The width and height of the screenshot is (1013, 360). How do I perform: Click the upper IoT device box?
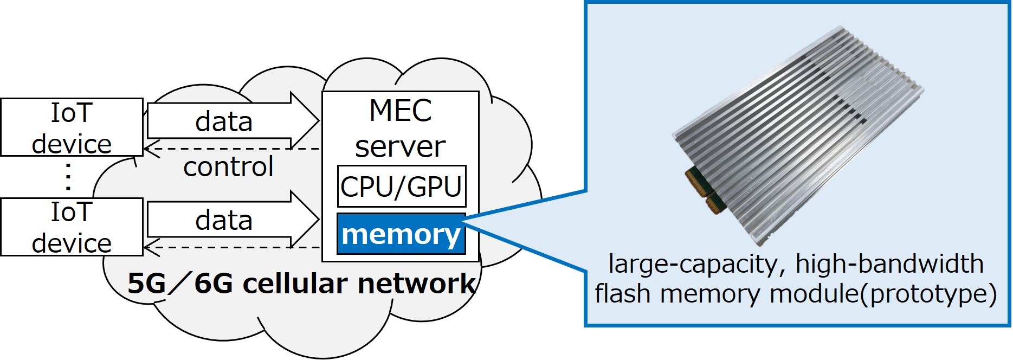(72, 127)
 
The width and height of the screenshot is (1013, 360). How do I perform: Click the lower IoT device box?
(72, 227)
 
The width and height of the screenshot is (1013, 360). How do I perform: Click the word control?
(228, 167)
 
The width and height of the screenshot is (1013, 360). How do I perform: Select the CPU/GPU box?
(401, 187)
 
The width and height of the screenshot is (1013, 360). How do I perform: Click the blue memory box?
(401, 234)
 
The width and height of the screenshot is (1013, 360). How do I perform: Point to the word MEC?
(400, 111)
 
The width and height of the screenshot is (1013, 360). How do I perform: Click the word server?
(400, 147)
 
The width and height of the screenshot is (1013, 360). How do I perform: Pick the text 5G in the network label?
(146, 284)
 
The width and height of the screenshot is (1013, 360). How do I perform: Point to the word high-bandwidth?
(889, 264)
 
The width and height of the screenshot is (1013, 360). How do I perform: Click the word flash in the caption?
(623, 293)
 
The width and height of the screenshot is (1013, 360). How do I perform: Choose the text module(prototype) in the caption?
(883, 294)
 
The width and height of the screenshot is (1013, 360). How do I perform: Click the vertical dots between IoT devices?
(68, 177)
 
